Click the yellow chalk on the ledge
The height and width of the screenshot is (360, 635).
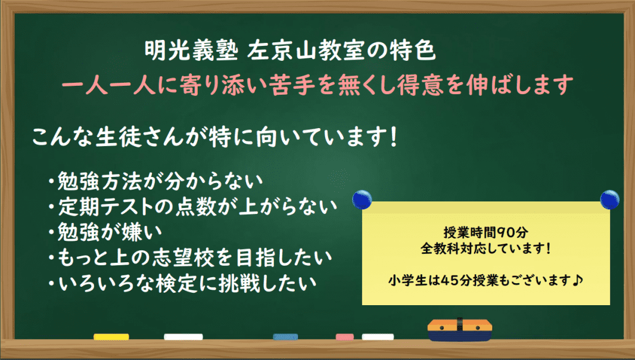click(x=111, y=337)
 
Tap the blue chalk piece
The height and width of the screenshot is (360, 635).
click(x=285, y=337)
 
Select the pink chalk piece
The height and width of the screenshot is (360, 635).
click(x=344, y=337)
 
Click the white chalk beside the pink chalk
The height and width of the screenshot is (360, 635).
click(x=377, y=337)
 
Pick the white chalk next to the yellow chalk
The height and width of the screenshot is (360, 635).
click(x=183, y=337)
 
